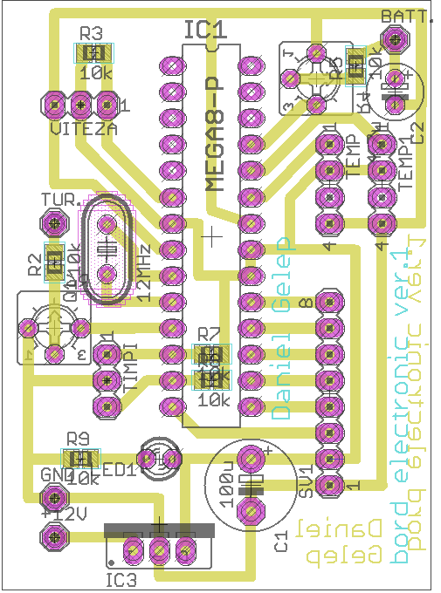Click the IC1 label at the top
coord(206,31)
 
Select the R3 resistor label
coord(91,33)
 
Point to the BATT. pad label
coord(406,17)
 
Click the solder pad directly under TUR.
coord(55,225)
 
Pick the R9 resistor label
coord(79,438)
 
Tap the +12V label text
coord(59,514)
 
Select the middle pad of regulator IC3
coord(160,549)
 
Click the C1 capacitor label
coord(280,542)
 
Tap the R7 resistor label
coord(210,333)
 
